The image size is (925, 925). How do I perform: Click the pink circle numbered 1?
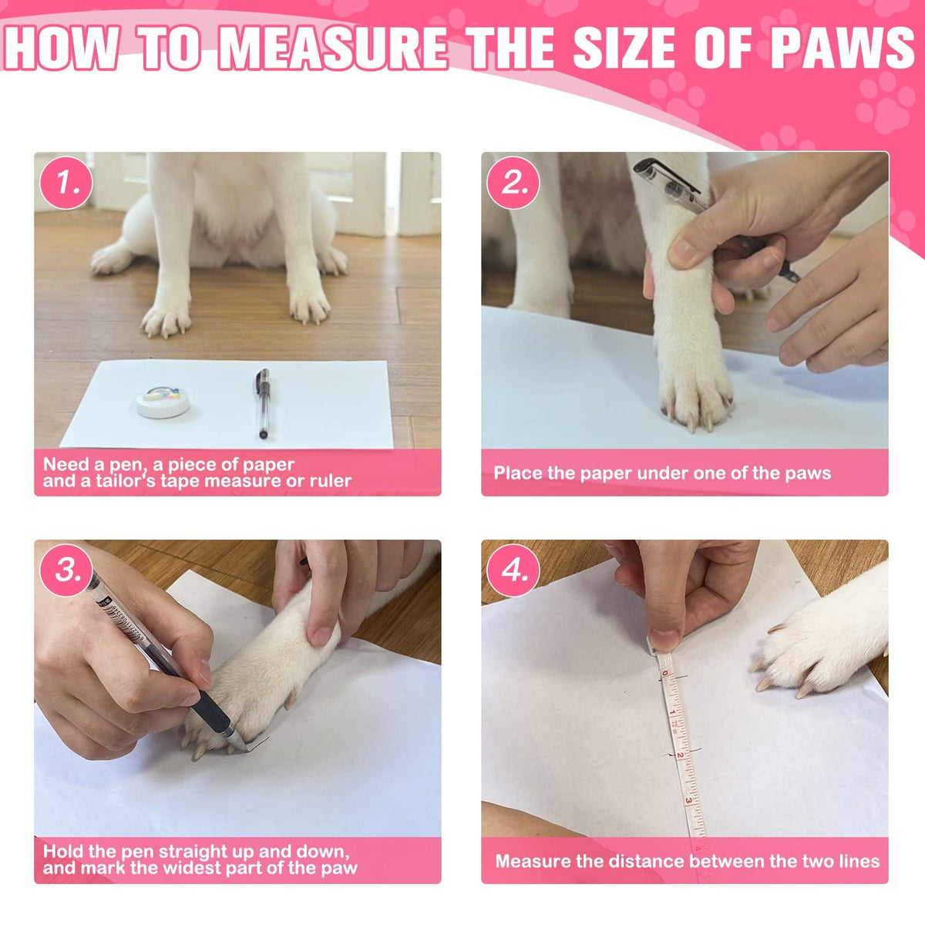point(66,183)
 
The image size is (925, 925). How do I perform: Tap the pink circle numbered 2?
point(513,183)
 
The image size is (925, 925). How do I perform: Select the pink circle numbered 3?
point(66,570)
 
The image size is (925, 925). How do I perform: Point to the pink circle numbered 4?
point(513,570)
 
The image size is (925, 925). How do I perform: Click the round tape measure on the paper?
point(163,402)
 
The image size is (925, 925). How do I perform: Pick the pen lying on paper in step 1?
point(261,403)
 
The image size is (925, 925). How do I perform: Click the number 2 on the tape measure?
point(680,755)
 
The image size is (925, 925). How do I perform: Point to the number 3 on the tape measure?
point(688,801)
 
